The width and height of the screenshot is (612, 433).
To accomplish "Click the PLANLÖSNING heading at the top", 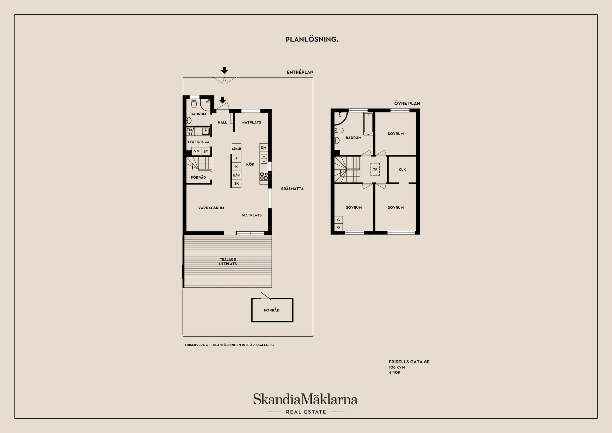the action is pos(312,39).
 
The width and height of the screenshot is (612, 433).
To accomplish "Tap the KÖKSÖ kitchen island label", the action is pos(237,149).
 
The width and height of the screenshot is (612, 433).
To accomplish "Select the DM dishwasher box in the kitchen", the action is pos(264,147).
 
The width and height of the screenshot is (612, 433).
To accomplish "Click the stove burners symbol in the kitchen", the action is pos(264,176).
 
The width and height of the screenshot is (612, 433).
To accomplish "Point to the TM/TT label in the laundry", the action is pos(190,131).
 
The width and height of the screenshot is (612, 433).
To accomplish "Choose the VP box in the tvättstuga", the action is pos(196,151).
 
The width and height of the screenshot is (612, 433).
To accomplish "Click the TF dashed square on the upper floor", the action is pos(375,169).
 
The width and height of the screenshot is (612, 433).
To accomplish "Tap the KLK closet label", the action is pos(402,169).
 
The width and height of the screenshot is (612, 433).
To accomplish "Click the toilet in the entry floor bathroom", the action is pos(194,103).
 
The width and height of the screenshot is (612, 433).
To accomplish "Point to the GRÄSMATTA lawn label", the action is pos(292,189).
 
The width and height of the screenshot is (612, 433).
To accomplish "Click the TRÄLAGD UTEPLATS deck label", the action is pos(228,262).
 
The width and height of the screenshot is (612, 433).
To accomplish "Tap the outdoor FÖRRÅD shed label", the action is pos(272,310).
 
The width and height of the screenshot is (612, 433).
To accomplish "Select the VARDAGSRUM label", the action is pos(211,208).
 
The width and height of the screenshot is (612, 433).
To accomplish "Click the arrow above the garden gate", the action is pos(224,70).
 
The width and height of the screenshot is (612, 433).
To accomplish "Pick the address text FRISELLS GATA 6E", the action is pos(409,362).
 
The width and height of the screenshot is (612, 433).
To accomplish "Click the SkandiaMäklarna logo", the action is pos(305,399).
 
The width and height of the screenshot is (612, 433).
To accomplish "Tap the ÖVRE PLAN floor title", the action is pos(407,103).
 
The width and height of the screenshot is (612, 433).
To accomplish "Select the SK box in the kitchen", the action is pos(237,183).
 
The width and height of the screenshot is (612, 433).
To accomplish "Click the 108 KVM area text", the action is pos(397,367).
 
